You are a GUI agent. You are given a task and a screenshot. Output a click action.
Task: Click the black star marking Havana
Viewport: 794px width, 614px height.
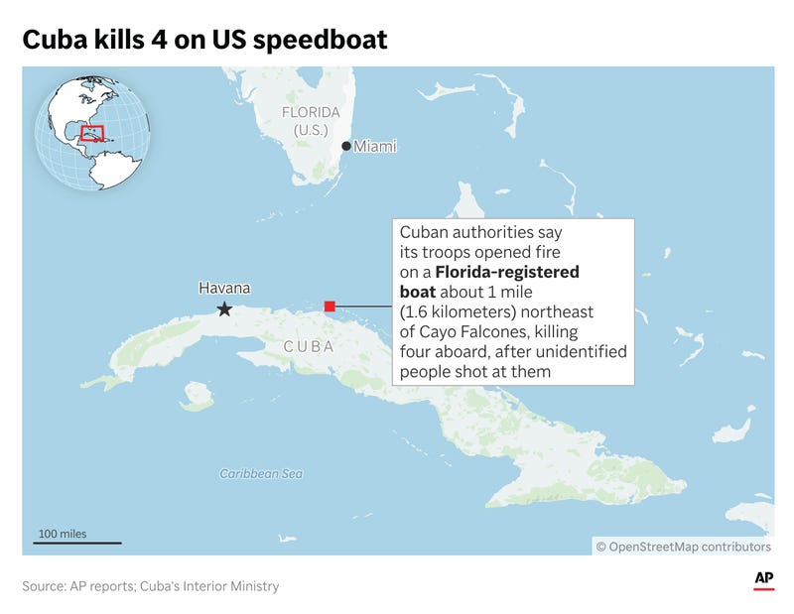click(224, 309)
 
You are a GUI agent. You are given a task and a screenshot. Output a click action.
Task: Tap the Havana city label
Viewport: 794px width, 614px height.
click(224, 288)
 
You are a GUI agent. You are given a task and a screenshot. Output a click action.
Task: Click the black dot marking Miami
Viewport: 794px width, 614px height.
click(345, 146)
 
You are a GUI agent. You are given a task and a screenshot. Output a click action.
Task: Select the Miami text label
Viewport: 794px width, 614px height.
click(375, 146)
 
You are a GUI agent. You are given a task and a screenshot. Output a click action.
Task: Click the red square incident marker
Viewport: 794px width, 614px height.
click(330, 306)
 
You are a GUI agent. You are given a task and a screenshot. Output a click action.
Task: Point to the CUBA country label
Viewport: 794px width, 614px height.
click(308, 346)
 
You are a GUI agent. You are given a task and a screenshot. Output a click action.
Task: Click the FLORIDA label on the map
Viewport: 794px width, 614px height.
click(311, 112)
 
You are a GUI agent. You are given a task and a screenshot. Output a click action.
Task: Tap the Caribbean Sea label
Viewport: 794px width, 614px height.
click(261, 473)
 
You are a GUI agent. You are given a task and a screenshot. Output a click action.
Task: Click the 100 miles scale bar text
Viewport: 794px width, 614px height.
click(63, 534)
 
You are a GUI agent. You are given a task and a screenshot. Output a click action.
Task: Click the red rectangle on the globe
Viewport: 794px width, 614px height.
click(92, 133)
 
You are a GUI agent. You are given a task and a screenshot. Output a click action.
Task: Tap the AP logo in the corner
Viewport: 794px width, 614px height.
click(763, 579)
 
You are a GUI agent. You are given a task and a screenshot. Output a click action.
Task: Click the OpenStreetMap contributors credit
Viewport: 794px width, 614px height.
click(683, 546)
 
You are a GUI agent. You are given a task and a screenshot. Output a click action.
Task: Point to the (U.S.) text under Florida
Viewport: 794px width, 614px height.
click(311, 130)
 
